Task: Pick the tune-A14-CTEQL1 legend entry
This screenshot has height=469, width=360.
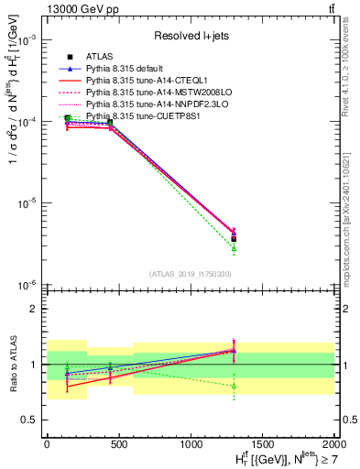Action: click(x=139, y=81)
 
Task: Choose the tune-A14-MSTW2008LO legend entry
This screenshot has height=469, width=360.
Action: click(x=147, y=93)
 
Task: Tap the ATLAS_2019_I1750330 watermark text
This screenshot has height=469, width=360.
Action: click(x=191, y=274)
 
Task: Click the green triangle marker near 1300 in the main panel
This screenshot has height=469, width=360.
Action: click(x=234, y=248)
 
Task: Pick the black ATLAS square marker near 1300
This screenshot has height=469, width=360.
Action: click(x=234, y=238)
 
